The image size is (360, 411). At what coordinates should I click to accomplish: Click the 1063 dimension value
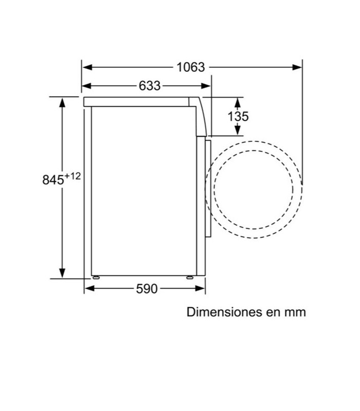[x=190, y=67]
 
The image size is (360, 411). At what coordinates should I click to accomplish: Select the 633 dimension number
[x=150, y=86]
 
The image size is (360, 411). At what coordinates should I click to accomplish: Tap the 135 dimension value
[x=238, y=117]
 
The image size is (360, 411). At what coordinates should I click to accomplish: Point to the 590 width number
[x=147, y=289]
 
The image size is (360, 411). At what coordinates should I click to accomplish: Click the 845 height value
[x=53, y=180]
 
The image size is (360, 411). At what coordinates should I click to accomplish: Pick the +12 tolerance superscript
[x=73, y=176]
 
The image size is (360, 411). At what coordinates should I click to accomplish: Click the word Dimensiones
[x=224, y=312]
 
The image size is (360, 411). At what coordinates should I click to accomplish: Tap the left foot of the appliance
[x=96, y=277]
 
